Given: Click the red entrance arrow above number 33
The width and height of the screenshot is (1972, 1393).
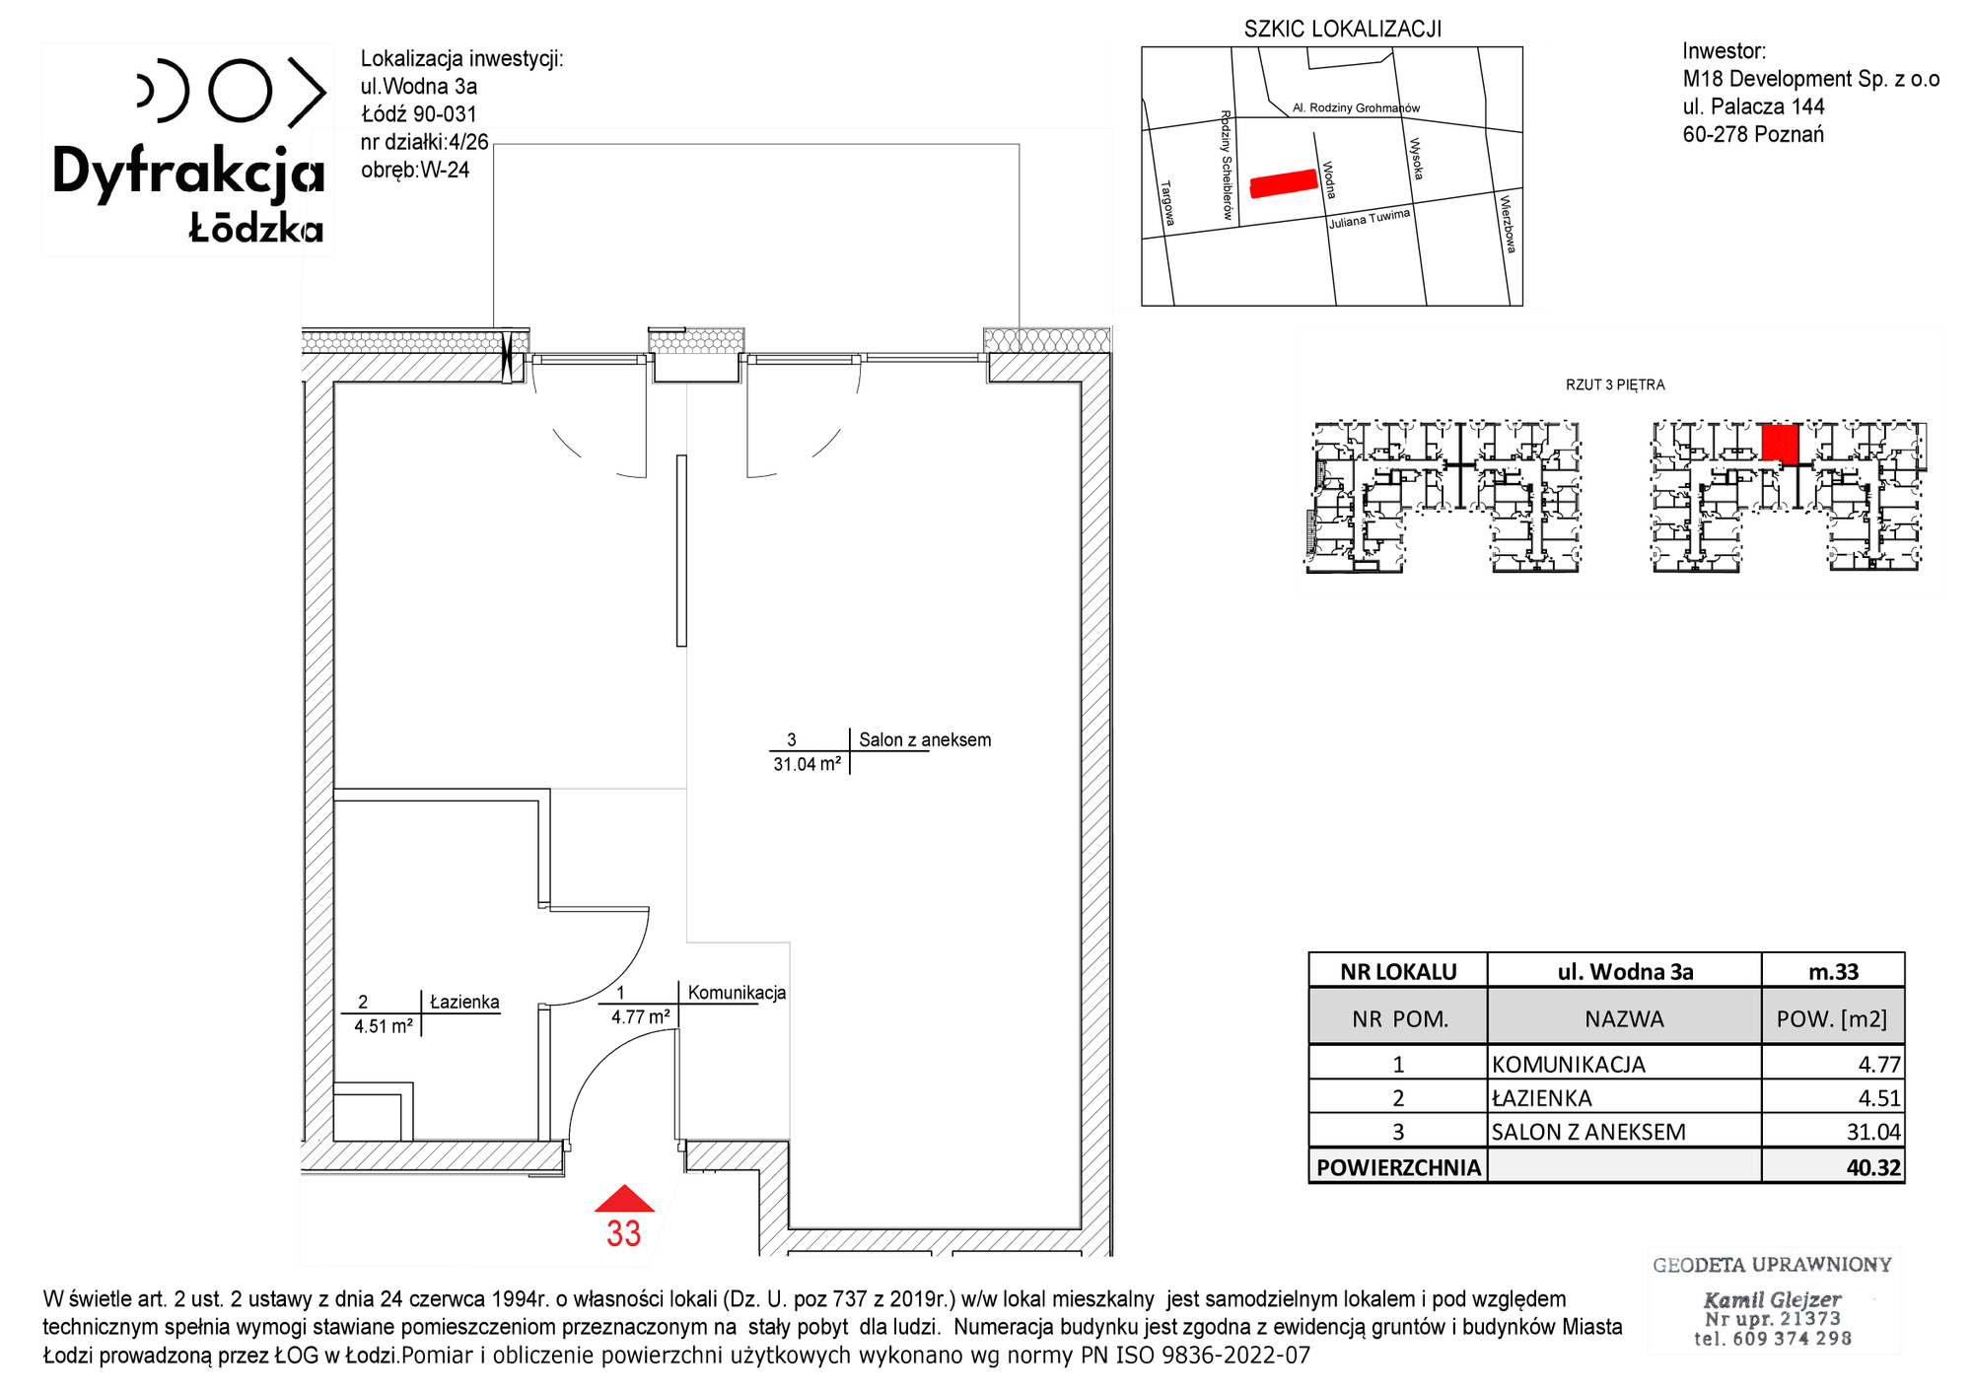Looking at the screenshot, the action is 624,1199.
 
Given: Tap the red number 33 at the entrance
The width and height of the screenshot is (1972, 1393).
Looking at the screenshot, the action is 624,1234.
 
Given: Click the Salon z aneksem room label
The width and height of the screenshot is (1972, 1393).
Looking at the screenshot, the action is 925,740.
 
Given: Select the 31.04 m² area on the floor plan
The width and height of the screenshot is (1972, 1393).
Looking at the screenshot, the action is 808,764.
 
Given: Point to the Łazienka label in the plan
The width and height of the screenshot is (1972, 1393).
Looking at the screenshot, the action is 464,1003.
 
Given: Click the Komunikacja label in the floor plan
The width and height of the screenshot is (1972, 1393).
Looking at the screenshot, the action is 737,993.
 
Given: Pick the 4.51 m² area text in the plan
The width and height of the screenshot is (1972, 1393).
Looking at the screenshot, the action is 384,1026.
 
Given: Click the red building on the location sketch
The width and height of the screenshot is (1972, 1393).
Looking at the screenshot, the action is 1284,183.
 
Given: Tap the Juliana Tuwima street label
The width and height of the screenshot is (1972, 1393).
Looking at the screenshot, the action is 1370,219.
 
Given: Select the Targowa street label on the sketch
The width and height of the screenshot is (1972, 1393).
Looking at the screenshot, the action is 1167,203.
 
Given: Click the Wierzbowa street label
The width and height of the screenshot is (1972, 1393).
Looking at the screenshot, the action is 1508,224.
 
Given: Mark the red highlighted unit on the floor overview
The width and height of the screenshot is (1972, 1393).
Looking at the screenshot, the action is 1780,443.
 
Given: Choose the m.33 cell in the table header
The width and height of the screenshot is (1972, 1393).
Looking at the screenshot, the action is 1833,971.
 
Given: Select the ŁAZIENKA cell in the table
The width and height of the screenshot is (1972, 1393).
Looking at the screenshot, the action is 1624,1097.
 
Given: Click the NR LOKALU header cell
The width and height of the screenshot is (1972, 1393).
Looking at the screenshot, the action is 1398,971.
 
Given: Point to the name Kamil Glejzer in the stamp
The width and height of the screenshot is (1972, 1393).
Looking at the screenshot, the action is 1772,1299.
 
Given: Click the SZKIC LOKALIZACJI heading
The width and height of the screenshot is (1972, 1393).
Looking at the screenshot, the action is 1343,30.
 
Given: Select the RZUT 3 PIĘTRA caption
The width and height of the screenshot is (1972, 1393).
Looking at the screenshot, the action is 1615,384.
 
